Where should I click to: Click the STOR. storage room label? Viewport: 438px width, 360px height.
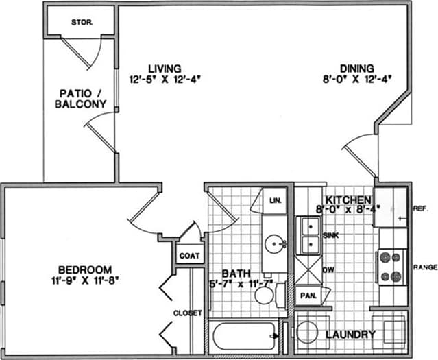point(82,22)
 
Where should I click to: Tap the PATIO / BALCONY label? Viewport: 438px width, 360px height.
point(81,99)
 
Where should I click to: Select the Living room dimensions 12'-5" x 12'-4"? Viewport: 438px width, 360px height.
point(165,80)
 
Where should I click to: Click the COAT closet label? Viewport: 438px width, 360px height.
point(189,256)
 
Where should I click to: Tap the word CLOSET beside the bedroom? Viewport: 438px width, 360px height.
point(188,313)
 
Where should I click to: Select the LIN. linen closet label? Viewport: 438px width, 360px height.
point(276,201)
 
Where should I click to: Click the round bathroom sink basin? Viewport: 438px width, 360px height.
point(277,243)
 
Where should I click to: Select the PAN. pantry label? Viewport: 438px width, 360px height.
point(307,296)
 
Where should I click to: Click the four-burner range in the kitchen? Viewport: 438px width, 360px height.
point(391,267)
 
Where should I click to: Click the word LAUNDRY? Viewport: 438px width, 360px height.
point(350,335)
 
